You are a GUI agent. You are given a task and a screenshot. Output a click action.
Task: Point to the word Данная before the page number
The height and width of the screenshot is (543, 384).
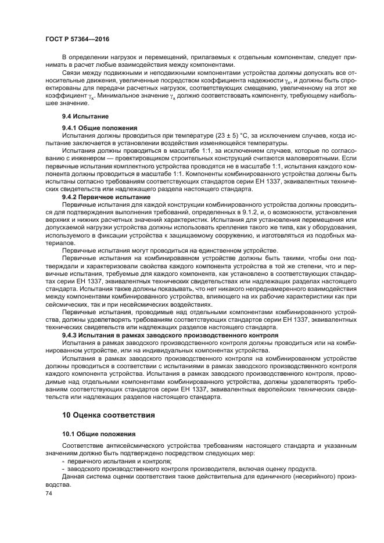pyautogui.click(x=74, y=476)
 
